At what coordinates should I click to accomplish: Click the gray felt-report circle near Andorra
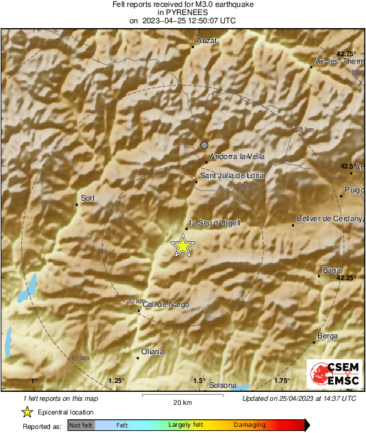tap(204, 145)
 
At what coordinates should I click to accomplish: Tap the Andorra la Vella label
tap(236, 156)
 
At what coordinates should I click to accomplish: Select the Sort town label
tap(87, 199)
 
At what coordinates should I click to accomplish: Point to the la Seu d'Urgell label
tap(215, 223)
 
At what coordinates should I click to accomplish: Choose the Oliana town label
tap(152, 351)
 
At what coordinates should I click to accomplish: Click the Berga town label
tap(328, 336)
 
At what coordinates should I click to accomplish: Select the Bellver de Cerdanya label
tap(330, 219)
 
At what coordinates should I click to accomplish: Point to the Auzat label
tap(206, 41)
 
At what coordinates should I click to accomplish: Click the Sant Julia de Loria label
tap(231, 176)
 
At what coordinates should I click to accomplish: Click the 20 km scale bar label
tap(182, 402)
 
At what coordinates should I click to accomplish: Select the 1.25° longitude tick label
tap(116, 380)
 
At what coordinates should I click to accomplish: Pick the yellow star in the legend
tap(27, 412)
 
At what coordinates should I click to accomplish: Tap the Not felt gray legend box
tap(81, 425)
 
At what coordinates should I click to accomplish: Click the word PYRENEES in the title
tap(182, 12)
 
